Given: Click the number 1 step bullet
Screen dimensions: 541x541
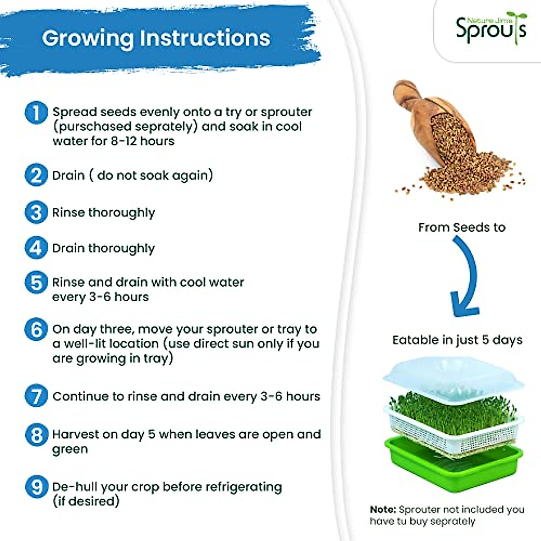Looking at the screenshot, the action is [36, 113].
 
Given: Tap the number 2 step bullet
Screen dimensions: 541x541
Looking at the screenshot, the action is [36, 175].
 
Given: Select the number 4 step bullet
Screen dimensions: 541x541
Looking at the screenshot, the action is [36, 248].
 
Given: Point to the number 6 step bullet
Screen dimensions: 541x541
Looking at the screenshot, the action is [36, 329].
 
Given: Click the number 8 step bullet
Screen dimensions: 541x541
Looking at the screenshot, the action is [36, 435].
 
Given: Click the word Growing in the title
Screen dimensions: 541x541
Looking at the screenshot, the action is [88, 39].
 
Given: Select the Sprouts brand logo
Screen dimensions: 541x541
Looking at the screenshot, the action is [491, 28].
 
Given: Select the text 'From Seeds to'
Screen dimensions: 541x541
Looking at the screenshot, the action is [462, 227].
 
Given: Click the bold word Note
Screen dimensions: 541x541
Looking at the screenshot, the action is [383, 509].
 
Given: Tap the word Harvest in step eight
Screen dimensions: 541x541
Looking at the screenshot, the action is [75, 434].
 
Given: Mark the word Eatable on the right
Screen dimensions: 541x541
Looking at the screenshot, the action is [415, 340].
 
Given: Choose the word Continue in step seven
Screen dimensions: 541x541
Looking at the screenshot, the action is [80, 396].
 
